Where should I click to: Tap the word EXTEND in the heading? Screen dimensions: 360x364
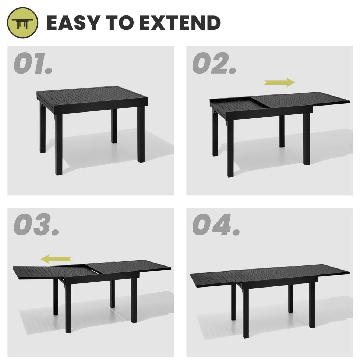tap(180, 23)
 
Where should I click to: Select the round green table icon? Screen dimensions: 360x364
tap(22, 23)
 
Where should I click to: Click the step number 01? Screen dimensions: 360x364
tap(33, 63)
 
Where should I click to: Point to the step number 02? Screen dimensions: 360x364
tap(214, 63)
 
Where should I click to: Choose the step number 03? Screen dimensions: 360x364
tap(36, 225)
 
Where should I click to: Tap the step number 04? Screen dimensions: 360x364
tap(216, 225)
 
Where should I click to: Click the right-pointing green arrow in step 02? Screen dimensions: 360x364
tap(280, 82)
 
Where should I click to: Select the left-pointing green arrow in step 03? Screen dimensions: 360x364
tap(56, 259)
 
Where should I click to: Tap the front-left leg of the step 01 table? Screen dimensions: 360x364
tap(59, 144)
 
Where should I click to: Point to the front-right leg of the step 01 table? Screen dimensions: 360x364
tap(141, 134)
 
